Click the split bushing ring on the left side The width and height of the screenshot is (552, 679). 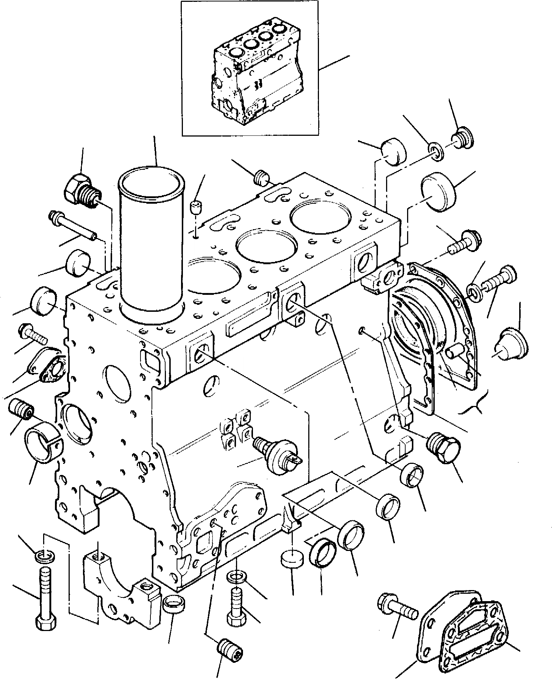click(42, 442)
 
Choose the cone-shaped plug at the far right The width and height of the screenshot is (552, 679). click(513, 341)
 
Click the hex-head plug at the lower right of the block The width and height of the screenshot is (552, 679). click(443, 447)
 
